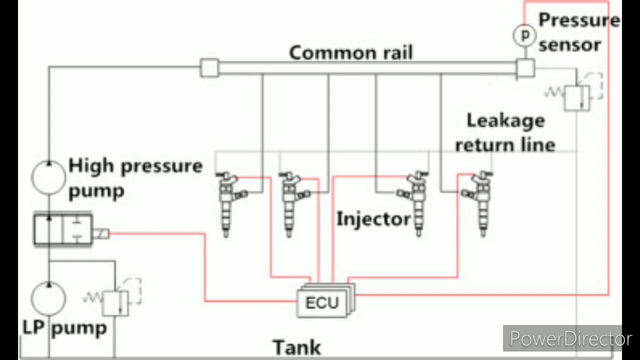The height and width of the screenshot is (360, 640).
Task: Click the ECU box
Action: [322, 302]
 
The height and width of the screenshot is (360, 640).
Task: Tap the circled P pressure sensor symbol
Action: [524, 35]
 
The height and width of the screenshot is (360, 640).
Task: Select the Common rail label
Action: [351, 52]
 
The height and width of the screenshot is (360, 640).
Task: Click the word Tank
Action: [296, 346]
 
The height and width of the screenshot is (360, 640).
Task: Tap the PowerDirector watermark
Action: [570, 339]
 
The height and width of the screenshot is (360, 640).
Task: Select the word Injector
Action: [373, 219]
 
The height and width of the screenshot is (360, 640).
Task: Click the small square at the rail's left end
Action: [209, 67]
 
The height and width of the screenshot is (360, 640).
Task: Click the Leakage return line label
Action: [505, 132]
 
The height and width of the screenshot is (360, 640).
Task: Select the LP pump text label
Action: [65, 328]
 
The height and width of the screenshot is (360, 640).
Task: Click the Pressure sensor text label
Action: [577, 32]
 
